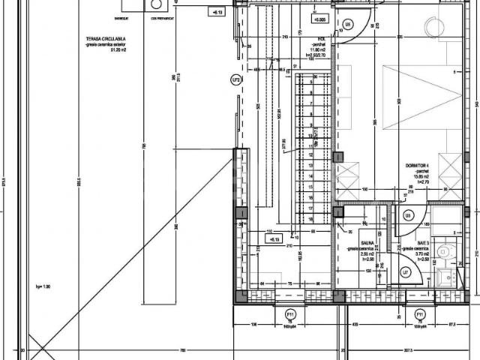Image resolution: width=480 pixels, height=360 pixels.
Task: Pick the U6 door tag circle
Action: click(408, 216)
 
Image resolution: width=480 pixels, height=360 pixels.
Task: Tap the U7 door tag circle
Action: click(404, 273)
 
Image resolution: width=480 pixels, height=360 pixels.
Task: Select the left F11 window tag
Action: click(291, 313)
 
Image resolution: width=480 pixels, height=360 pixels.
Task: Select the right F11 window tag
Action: click(420, 313)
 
